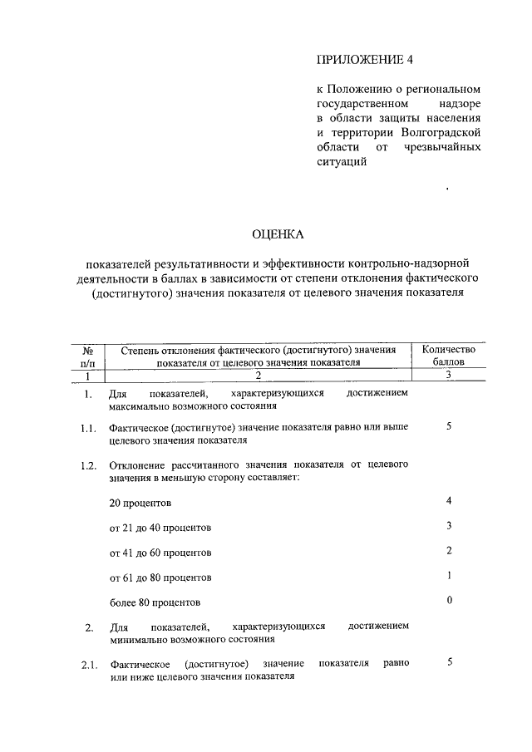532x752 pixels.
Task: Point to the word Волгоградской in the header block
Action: [441, 132]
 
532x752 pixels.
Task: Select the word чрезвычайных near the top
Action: [443, 147]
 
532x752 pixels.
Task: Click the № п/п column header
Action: [87, 356]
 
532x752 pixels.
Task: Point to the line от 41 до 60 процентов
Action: [160, 553]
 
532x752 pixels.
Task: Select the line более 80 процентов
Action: [155, 602]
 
